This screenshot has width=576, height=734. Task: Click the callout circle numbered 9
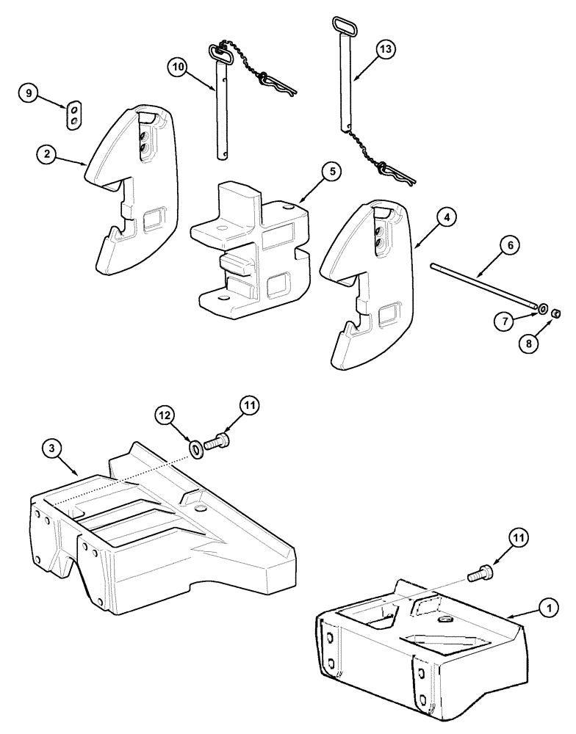29,93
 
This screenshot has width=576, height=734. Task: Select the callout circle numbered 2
47,154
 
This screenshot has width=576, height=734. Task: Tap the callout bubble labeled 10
177,68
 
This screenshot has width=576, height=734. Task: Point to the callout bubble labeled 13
384,49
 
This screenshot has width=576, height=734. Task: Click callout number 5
331,172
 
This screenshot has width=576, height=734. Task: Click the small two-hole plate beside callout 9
73,116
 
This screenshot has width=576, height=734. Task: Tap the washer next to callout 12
196,448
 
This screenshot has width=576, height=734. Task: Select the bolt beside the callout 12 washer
218,443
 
